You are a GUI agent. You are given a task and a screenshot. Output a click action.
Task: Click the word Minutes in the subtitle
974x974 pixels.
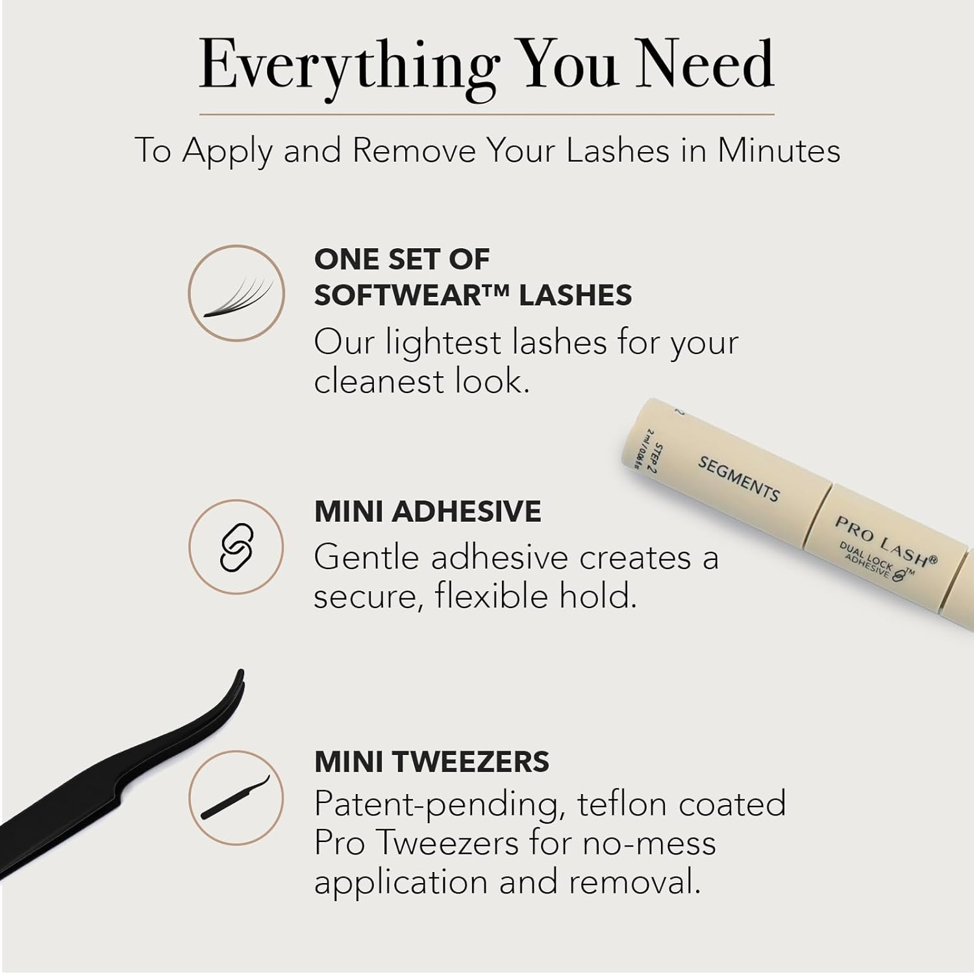[x=779, y=151]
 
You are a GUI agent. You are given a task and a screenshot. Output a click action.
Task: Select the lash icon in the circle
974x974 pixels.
[x=236, y=298]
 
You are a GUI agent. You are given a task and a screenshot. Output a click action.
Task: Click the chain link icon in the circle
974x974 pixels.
[x=236, y=547]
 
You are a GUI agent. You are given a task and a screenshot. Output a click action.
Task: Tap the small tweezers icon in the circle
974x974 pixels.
[x=235, y=797]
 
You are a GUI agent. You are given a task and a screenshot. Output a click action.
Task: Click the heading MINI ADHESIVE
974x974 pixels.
[x=427, y=511]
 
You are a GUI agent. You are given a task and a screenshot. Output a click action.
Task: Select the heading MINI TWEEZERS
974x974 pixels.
[x=431, y=762]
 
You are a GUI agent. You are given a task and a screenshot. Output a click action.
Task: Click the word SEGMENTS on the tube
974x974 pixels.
[x=738, y=479]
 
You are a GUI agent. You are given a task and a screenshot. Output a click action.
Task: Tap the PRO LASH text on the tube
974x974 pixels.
[x=886, y=541]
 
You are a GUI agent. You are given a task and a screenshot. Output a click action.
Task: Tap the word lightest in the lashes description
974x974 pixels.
[x=444, y=343]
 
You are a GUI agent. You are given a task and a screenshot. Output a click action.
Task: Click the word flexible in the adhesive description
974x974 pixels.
[x=485, y=596]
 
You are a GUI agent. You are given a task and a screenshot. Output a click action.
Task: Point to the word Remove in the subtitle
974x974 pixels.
[x=414, y=151]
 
